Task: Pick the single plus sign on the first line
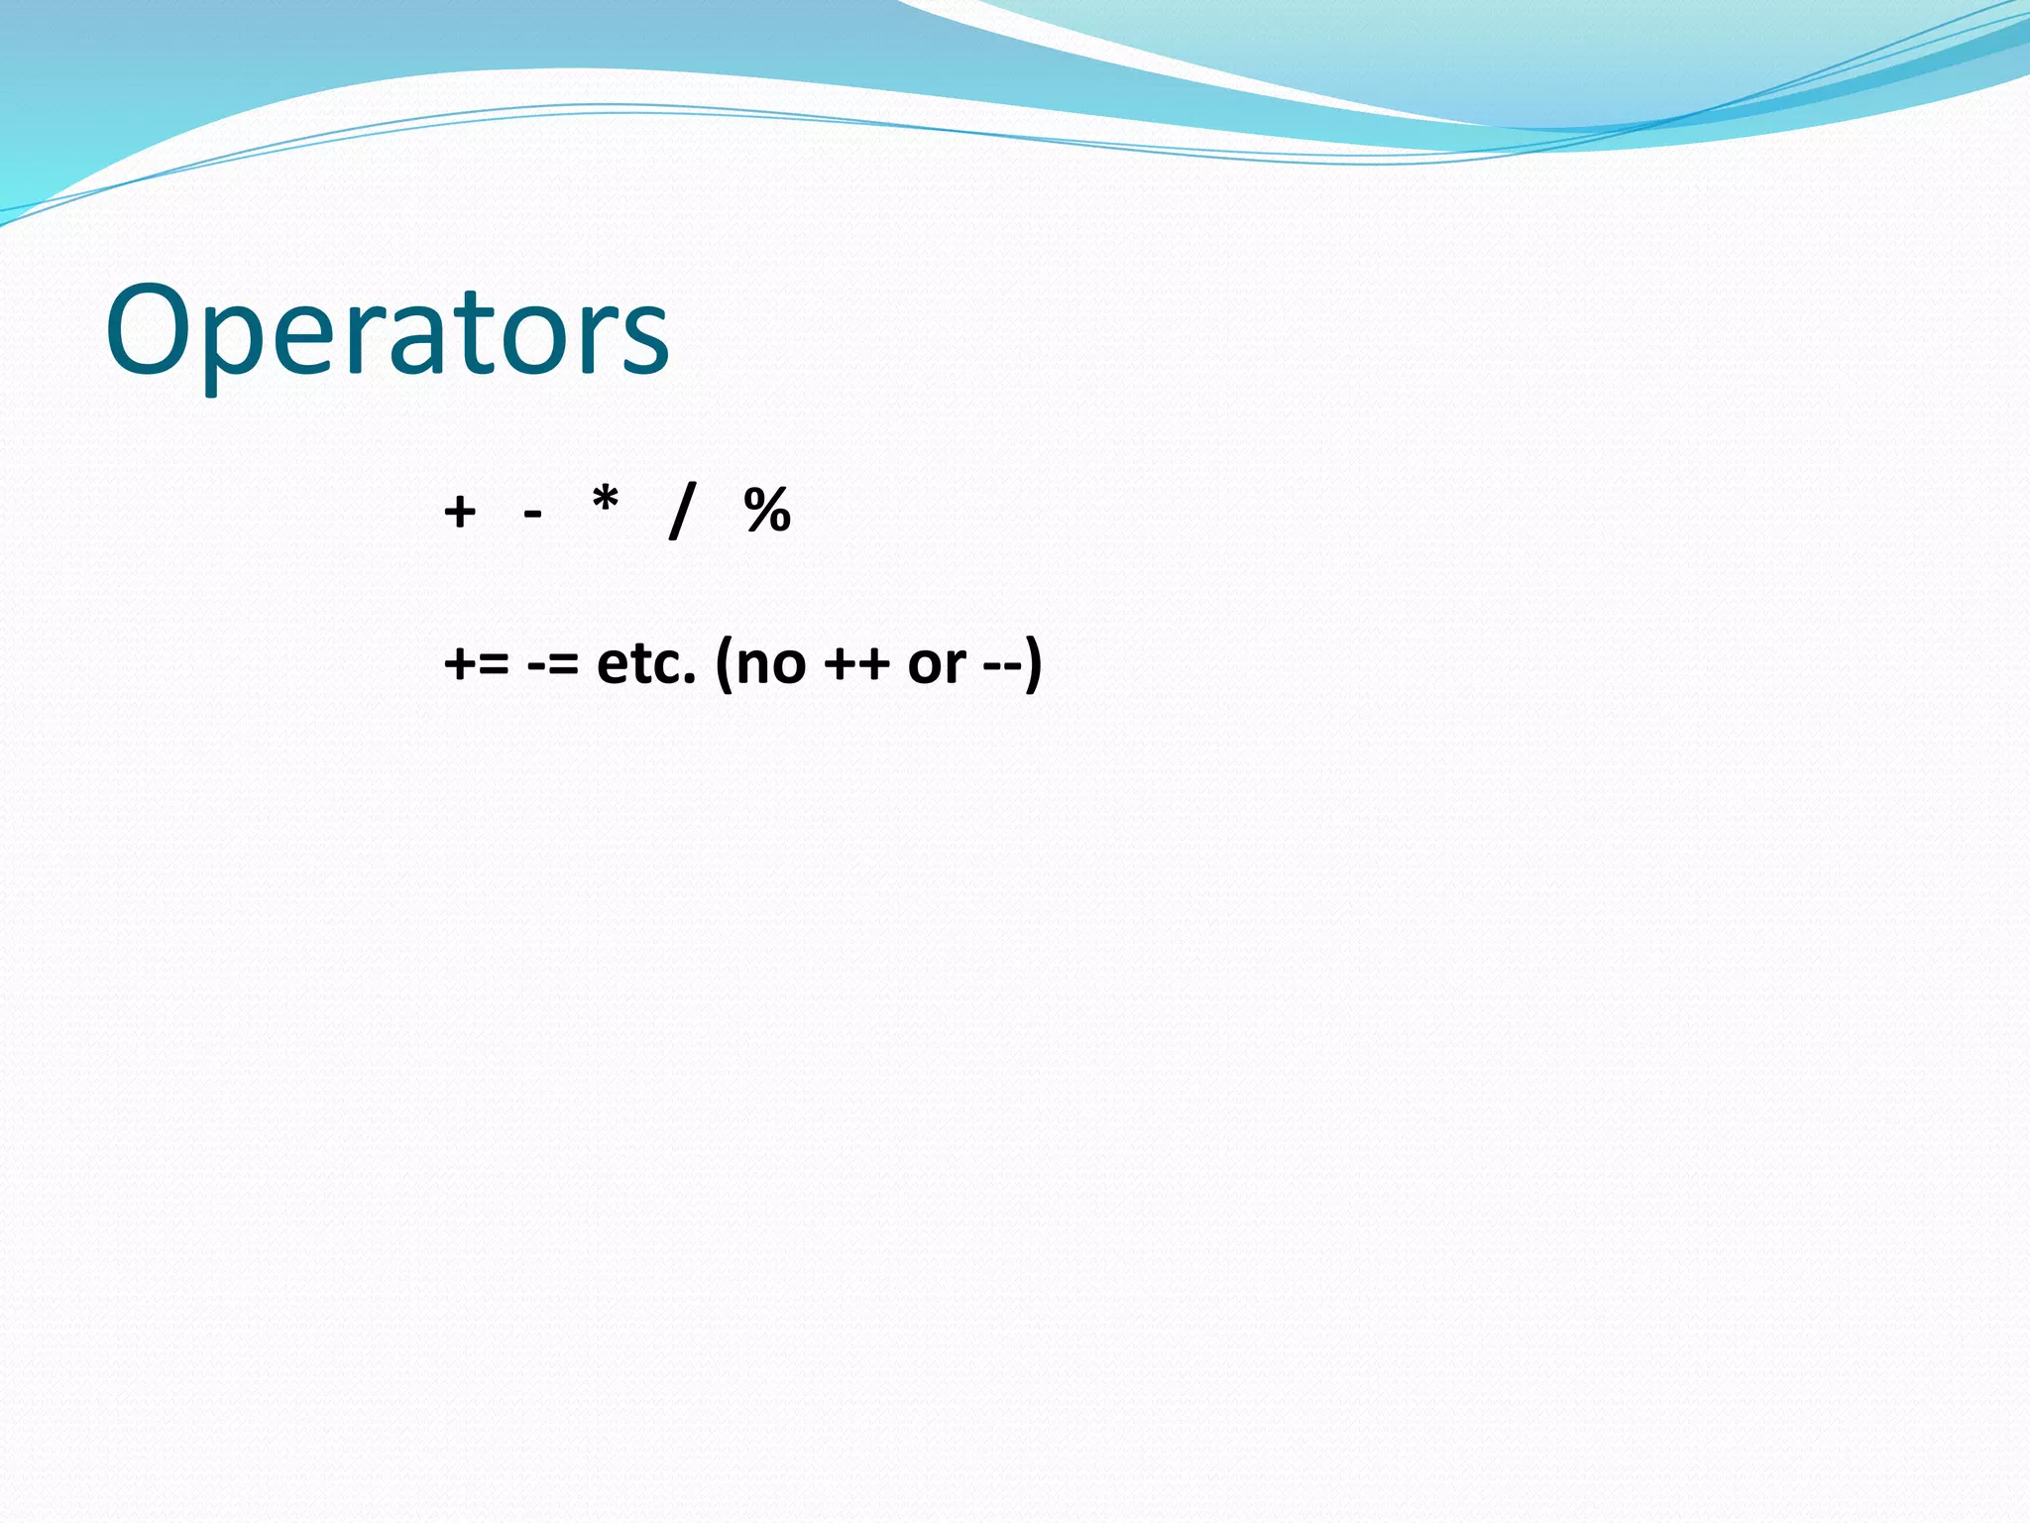point(460,512)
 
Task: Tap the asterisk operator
point(605,502)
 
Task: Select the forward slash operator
point(682,511)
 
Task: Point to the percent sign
point(767,511)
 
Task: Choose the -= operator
point(553,663)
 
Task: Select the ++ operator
point(856,663)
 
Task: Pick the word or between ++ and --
point(937,664)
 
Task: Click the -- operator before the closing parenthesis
point(1003,664)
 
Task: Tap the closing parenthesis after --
point(1034,664)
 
